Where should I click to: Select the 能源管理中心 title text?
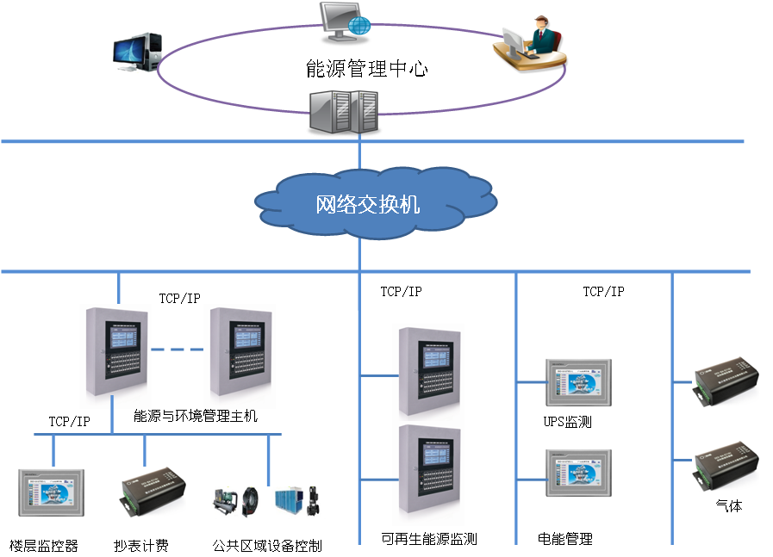pyautogui.click(x=366, y=69)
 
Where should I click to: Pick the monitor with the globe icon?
pyautogui.click(x=344, y=22)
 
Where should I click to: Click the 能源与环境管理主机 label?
pyautogui.click(x=196, y=417)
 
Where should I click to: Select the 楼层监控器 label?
pyautogui.click(x=44, y=545)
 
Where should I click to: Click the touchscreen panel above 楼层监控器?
pyautogui.click(x=52, y=492)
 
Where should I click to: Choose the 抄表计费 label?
pyautogui.click(x=141, y=545)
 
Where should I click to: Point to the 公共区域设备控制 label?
pyautogui.click(x=267, y=545)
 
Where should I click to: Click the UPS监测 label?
pyautogui.click(x=567, y=423)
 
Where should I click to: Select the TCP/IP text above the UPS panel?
pyautogui.click(x=603, y=292)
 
